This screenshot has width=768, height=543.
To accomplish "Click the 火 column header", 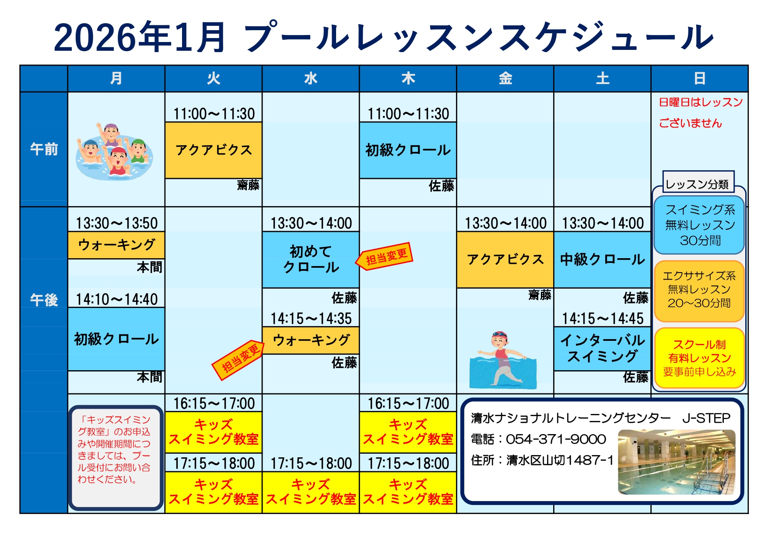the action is coord(214,79).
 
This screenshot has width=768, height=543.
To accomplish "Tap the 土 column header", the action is coord(603,79).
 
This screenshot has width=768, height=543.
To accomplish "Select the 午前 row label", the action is coord(44,149).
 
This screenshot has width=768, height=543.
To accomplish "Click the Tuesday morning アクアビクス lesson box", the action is coord(214,150).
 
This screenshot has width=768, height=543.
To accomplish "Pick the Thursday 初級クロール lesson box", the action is coord(408,150).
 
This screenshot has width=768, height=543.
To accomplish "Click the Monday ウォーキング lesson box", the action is coord(116,245).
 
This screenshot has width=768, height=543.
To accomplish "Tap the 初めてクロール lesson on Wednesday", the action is coord(311,259).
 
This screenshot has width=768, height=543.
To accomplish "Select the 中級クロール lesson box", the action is coord(603,259).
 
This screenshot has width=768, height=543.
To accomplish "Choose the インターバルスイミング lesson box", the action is coord(603,349).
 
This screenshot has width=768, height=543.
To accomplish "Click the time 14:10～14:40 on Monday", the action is coord(116,299).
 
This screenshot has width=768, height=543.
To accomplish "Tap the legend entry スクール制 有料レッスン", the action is coord(699,358).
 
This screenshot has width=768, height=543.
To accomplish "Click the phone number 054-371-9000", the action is coord(556,439).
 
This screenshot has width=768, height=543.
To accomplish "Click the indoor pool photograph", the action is coord(677,462).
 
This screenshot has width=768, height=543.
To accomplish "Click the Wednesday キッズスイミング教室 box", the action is coord(311,492).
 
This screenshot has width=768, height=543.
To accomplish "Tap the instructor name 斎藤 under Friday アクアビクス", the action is coord(540,295).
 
